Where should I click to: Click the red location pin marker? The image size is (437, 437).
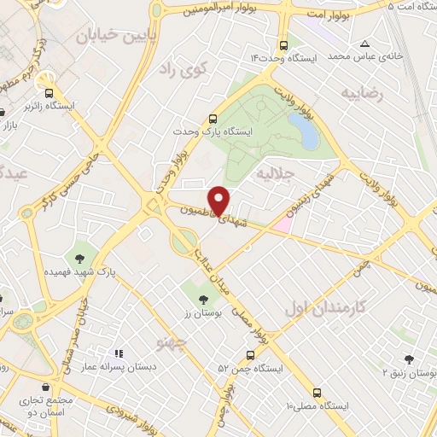pos(219,199)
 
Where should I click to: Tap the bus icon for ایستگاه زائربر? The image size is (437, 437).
pos(49,93)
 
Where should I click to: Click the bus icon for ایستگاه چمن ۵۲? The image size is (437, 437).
pos(250,355)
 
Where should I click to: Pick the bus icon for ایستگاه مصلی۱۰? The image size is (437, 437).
pos(317,393)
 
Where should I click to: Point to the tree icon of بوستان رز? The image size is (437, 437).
pos(202,300)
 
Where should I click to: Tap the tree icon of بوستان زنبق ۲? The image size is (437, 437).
pos(409,361)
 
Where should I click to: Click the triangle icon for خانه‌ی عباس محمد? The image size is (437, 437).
pos(365,44)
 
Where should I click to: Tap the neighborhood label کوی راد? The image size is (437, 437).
pos(179,70)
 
